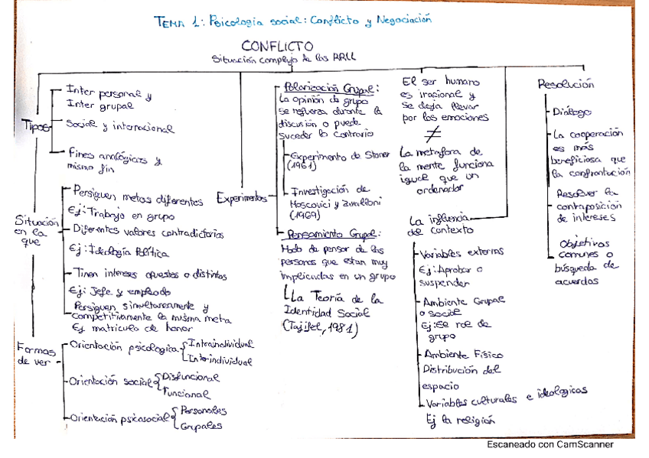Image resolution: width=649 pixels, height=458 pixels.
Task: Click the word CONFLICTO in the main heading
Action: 277,47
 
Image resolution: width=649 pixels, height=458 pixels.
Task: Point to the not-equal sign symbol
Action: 448,131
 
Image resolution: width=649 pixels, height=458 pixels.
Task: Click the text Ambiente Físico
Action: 458,355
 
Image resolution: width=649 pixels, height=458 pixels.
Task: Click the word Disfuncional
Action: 191,378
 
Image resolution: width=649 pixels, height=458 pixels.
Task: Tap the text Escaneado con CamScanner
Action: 549,444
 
